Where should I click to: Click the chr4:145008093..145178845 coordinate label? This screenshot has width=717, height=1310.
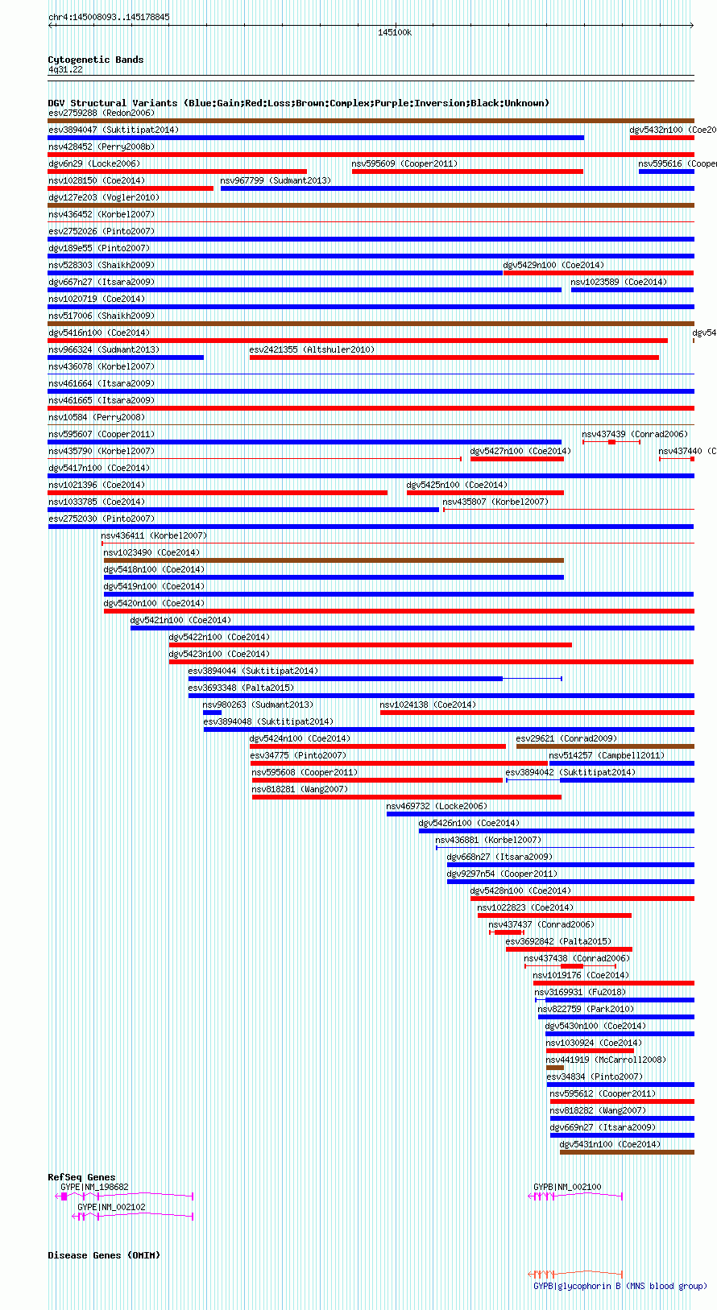(109, 17)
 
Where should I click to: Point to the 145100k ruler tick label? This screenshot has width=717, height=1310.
(395, 32)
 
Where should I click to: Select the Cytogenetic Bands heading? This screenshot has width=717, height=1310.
(95, 60)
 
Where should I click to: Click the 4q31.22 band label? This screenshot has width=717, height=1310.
(65, 70)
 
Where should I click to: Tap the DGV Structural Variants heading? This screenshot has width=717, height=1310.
(298, 103)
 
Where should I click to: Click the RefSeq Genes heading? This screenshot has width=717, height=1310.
(81, 1177)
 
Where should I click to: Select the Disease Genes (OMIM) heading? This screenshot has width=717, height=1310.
(103, 1255)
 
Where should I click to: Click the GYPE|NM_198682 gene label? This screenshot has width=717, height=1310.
(94, 1187)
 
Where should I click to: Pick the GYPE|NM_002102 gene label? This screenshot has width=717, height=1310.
(111, 1207)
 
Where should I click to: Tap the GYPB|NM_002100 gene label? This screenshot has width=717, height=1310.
(567, 1187)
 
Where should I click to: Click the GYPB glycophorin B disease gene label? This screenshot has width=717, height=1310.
(620, 1286)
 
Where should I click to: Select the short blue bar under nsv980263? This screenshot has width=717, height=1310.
(212, 713)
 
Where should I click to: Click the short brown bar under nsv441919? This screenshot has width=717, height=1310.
(554, 1068)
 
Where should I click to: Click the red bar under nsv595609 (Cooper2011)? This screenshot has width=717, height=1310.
(467, 171)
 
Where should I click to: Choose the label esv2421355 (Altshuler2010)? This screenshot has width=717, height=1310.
(312, 349)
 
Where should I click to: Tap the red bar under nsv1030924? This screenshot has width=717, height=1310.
(590, 1051)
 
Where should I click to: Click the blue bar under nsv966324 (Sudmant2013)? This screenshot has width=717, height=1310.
(126, 357)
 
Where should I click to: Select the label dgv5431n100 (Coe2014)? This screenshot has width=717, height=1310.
(610, 1144)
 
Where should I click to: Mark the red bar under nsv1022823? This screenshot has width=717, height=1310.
(554, 915)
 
